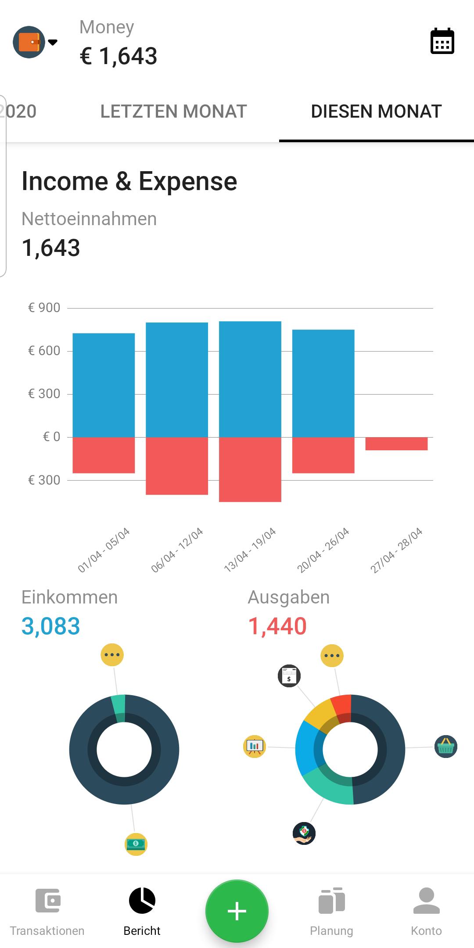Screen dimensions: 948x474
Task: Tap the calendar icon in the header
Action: click(442, 41)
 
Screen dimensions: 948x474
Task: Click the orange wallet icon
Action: click(29, 42)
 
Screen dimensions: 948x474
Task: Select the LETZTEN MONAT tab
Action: click(173, 111)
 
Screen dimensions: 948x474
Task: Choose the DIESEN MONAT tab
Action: click(376, 111)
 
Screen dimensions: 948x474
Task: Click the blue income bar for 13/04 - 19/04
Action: click(250, 379)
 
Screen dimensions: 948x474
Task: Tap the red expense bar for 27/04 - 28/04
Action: click(396, 443)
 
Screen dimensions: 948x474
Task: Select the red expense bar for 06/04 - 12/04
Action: click(177, 466)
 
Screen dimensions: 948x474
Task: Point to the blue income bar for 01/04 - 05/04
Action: click(104, 385)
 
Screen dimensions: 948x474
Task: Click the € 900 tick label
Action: click(44, 308)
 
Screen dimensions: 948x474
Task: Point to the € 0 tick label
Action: click(51, 437)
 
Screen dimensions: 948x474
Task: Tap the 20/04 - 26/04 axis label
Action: click(323, 550)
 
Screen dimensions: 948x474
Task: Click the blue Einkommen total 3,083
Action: click(51, 626)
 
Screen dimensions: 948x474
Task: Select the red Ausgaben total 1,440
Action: click(277, 626)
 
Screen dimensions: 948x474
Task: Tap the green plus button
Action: click(237, 911)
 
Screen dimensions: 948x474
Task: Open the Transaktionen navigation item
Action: click(47, 911)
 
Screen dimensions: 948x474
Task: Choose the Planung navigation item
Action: click(331, 911)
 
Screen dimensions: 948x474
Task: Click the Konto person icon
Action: click(426, 901)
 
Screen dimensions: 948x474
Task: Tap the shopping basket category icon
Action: click(446, 747)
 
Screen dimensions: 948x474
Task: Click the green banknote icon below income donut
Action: click(136, 844)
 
